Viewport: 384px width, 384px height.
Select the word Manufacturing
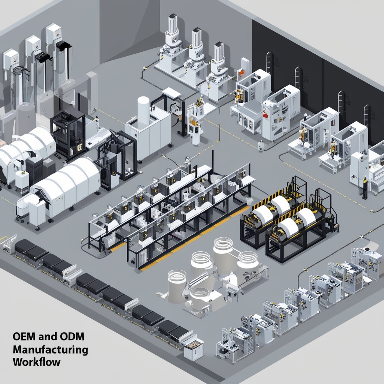click(50, 349)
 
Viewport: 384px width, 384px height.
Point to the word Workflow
click(36, 363)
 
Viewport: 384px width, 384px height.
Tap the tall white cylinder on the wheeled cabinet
click(143, 108)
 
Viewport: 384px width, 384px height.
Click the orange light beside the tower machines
click(242, 72)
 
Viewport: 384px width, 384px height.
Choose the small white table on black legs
click(171, 94)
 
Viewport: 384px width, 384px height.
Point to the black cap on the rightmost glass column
click(63, 45)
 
